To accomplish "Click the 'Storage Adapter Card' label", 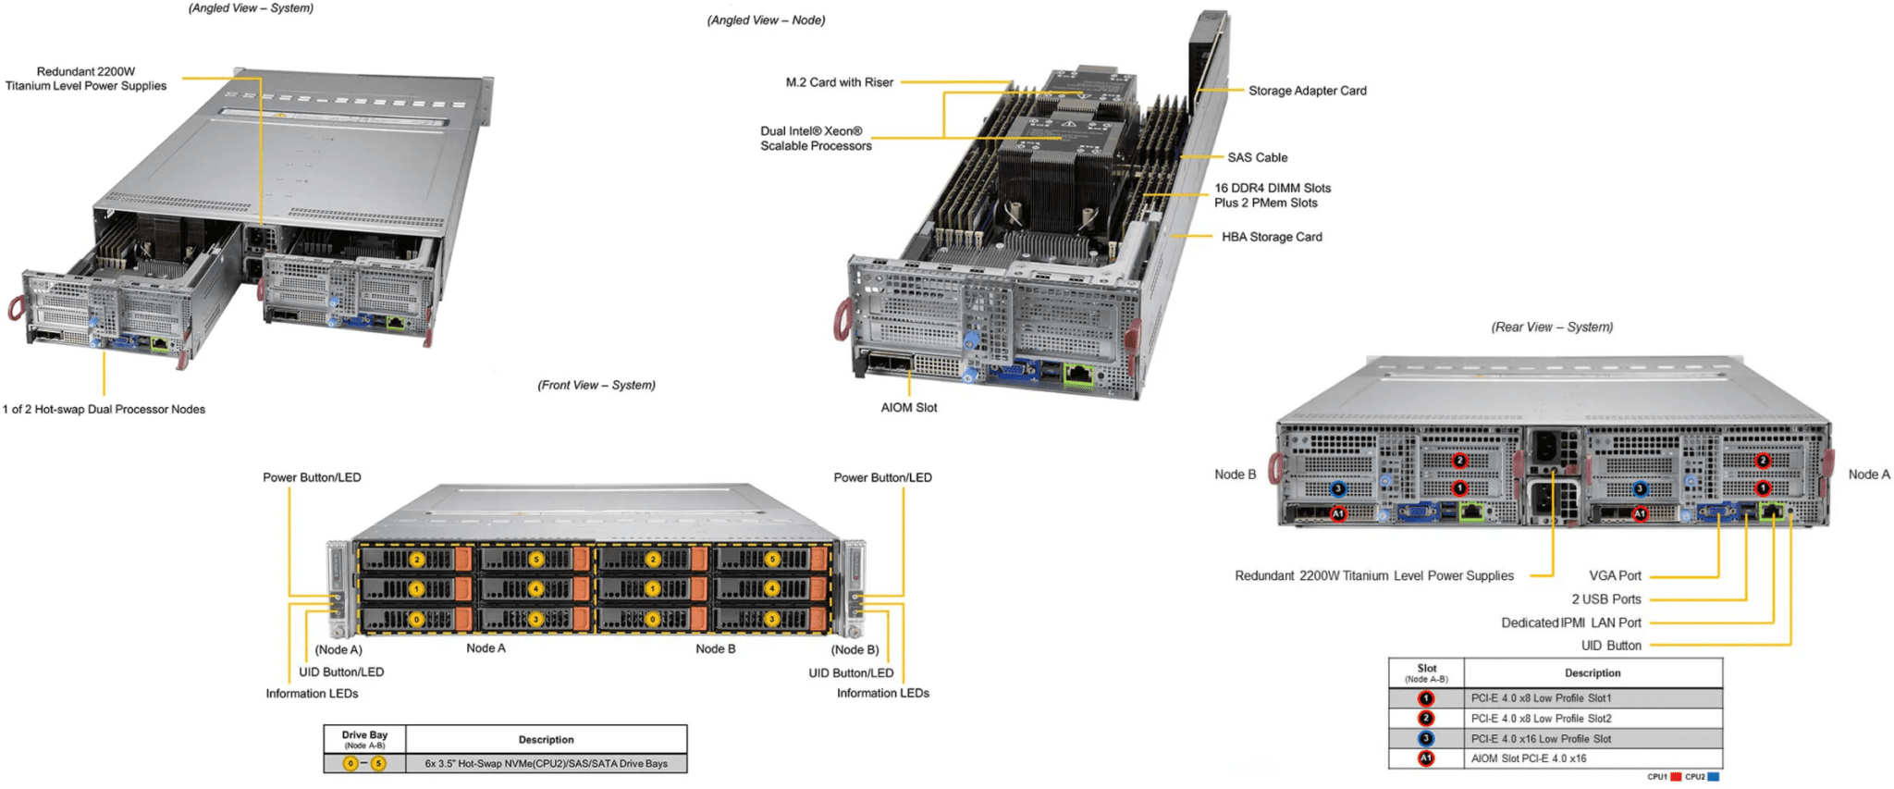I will tap(1307, 91).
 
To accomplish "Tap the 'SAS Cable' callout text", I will tap(1257, 157).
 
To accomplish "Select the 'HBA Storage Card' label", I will tap(1272, 237).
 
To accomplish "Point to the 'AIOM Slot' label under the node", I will tap(908, 407).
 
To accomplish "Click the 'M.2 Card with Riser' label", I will tap(840, 82).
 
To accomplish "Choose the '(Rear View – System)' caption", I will tap(1552, 327).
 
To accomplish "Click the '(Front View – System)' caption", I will tap(596, 385).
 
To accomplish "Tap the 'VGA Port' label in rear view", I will tap(1615, 575).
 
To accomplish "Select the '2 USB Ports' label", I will tap(1606, 599).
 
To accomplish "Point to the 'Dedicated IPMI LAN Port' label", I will tap(1571, 623).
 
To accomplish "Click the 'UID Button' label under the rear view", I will tap(1611, 646).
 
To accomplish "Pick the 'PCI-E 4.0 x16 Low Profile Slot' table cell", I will tap(1541, 738).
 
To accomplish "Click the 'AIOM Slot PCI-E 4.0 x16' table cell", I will tap(1528, 758).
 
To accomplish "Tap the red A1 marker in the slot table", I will tap(1426, 758).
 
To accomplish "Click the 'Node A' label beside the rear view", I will tap(1869, 475).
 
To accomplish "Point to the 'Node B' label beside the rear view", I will tap(1235, 475).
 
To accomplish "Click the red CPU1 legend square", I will tap(1676, 777).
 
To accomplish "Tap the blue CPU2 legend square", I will tap(1714, 777).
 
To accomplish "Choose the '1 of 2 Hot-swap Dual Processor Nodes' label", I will tap(104, 409).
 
